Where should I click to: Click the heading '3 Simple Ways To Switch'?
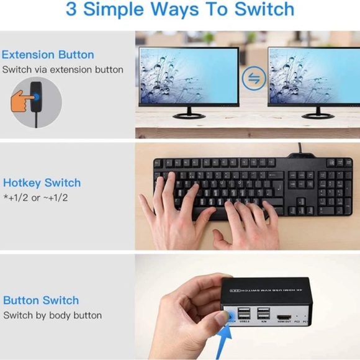[x=179, y=10]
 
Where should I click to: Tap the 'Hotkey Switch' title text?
[x=42, y=182]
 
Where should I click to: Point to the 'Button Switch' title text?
[x=41, y=300]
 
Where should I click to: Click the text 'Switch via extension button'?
[x=63, y=70]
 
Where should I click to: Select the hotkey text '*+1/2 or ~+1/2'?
[x=35, y=197]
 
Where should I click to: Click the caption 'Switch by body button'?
[x=52, y=315]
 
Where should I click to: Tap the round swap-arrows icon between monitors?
[x=253, y=78]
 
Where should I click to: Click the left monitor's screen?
[x=188, y=75]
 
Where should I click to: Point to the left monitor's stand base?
[x=189, y=115]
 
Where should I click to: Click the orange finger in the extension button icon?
[x=21, y=100]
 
